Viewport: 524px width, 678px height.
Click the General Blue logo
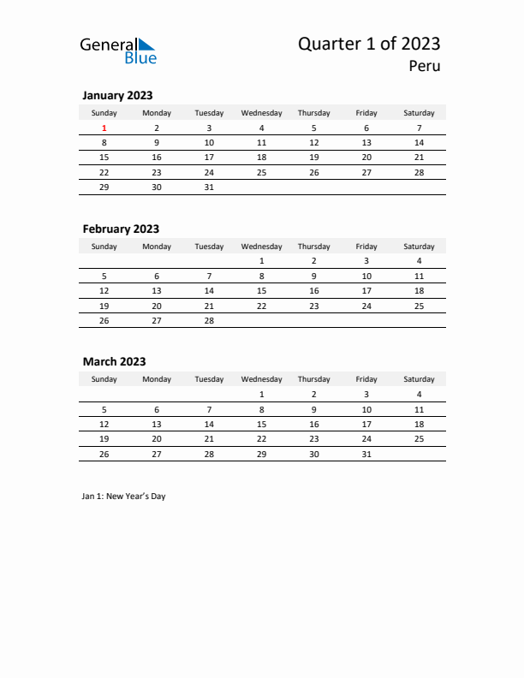pos(118,51)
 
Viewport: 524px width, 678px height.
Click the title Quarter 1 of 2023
pos(369,44)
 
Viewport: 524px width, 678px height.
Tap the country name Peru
pos(424,66)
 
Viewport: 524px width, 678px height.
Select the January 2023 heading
pos(117,96)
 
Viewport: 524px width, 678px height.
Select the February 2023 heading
pos(121,229)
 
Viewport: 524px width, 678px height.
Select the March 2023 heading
pos(114,361)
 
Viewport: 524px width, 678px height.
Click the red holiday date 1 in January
pos(104,128)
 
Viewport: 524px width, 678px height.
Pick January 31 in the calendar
pos(209,187)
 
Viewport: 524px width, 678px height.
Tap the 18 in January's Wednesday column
pos(261,158)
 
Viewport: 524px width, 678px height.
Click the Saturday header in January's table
pos(419,113)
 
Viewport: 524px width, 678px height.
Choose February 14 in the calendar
pos(209,291)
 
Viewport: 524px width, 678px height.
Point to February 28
pos(209,320)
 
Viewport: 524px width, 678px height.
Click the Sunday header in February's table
pos(104,247)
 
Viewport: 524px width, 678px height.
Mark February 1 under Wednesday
pos(261,261)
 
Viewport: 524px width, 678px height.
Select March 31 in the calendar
pos(366,453)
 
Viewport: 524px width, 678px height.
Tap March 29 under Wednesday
pos(261,453)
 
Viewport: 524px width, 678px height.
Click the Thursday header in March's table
pos(313,379)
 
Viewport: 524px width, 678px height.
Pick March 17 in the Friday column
pos(366,424)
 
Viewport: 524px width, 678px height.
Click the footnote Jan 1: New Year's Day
pos(124,497)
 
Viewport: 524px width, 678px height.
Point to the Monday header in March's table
pos(157,379)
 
